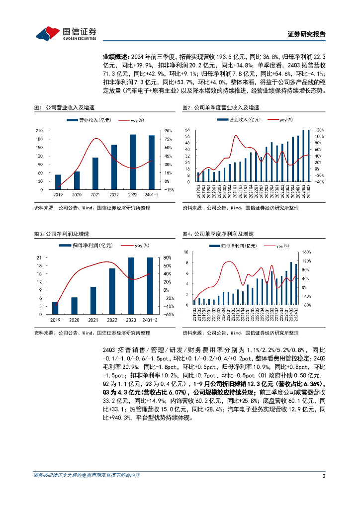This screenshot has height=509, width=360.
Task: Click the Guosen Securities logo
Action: tap(65, 33)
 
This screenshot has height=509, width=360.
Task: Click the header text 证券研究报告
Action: tap(307, 34)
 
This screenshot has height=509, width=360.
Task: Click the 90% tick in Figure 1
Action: tap(168, 131)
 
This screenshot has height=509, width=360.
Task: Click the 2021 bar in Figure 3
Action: tap(93, 301)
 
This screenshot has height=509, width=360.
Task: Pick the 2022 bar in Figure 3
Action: tap(112, 291)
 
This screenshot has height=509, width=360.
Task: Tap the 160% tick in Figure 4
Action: tap(307, 252)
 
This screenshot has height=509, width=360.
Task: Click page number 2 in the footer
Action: tap(324, 476)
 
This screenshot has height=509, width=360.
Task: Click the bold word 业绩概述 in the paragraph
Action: tap(114, 58)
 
